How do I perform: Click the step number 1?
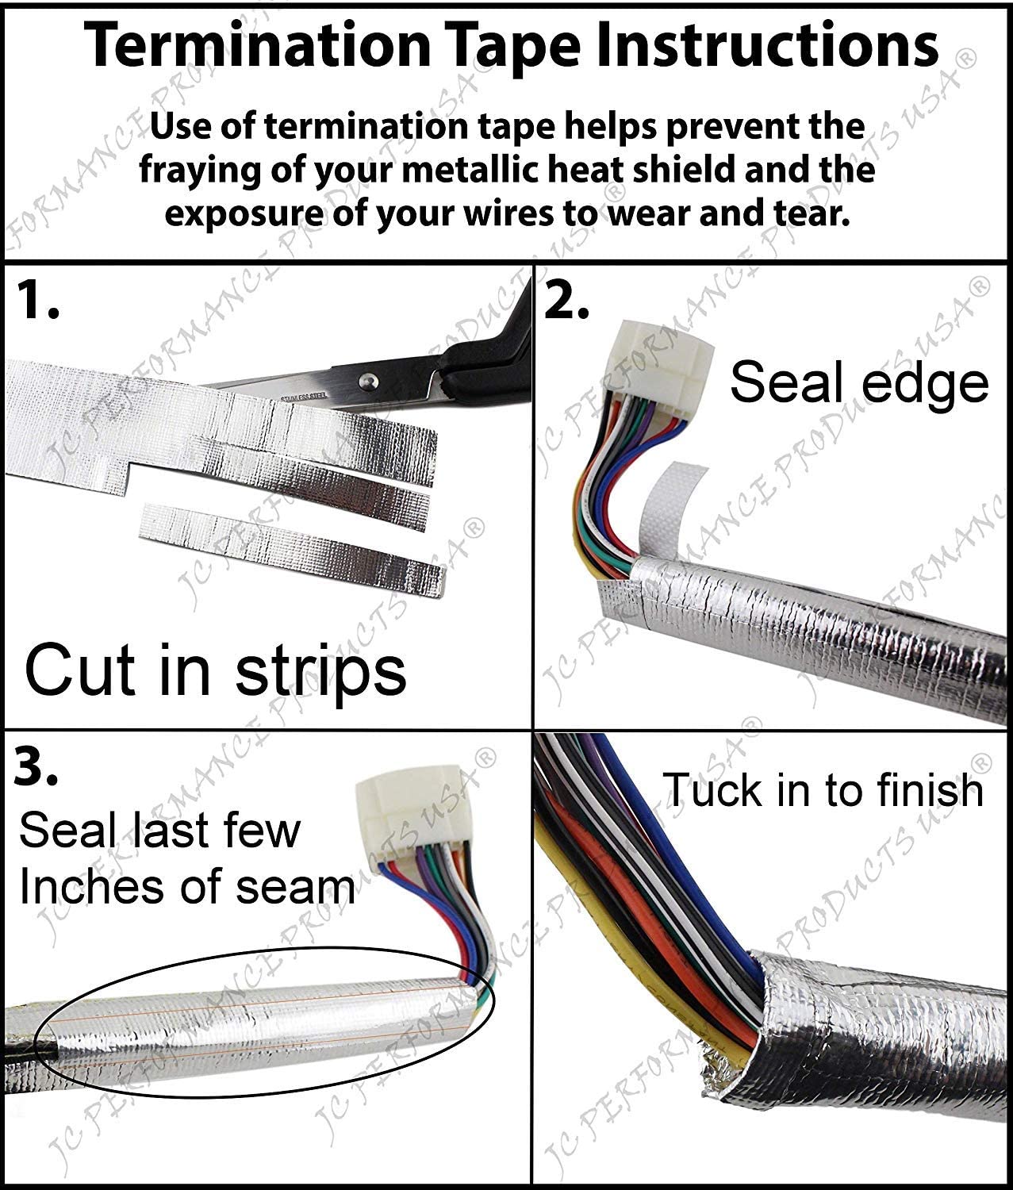click(38, 302)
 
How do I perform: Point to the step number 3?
click(36, 769)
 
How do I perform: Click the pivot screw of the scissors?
click(366, 382)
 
